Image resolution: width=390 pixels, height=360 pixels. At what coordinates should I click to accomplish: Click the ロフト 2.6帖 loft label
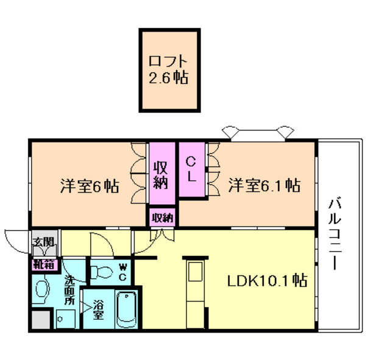click(168, 69)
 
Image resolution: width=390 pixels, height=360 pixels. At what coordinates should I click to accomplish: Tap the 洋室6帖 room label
click(89, 186)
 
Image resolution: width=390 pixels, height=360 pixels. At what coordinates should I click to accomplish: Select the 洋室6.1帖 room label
click(264, 185)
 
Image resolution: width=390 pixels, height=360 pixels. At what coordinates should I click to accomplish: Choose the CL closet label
click(191, 169)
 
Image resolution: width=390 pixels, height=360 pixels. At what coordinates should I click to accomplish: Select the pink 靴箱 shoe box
click(44, 264)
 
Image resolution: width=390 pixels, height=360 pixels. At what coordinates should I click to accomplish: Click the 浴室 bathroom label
click(97, 309)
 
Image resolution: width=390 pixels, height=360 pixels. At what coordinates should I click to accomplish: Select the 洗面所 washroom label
click(69, 292)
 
